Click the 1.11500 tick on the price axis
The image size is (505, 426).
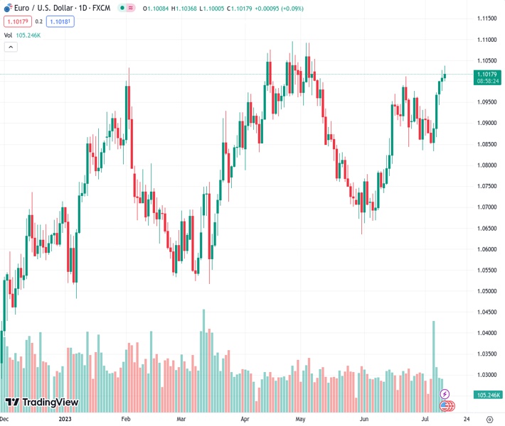coord(487,18)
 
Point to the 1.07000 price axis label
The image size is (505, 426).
coord(487,207)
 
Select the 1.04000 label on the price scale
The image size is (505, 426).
coord(487,333)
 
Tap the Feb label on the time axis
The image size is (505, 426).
coord(125,419)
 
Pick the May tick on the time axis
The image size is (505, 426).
coord(299,419)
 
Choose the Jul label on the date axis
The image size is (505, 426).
coord(425,419)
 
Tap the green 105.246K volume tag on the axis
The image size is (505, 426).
coord(489,395)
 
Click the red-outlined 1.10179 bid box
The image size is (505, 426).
coord(16,21)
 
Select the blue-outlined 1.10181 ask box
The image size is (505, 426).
coord(60,21)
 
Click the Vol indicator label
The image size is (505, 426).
coord(9,35)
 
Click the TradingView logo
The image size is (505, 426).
coord(41,403)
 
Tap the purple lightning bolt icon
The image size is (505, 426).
coord(445,394)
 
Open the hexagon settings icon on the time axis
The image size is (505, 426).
coord(490,419)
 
